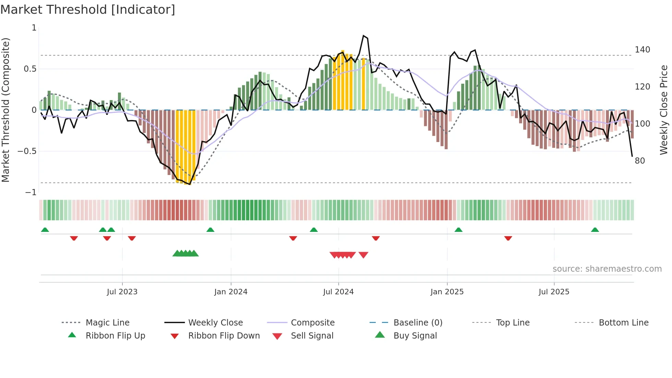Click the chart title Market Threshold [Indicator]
point(88,10)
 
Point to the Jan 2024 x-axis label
point(231,292)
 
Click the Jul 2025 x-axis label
point(554,292)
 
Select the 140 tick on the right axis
point(642,50)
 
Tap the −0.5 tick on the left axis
point(27,151)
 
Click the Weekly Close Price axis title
point(664,110)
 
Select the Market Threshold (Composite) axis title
point(5,110)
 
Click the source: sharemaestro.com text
point(607,269)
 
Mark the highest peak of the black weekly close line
point(363,36)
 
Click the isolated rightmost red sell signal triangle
point(363,255)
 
